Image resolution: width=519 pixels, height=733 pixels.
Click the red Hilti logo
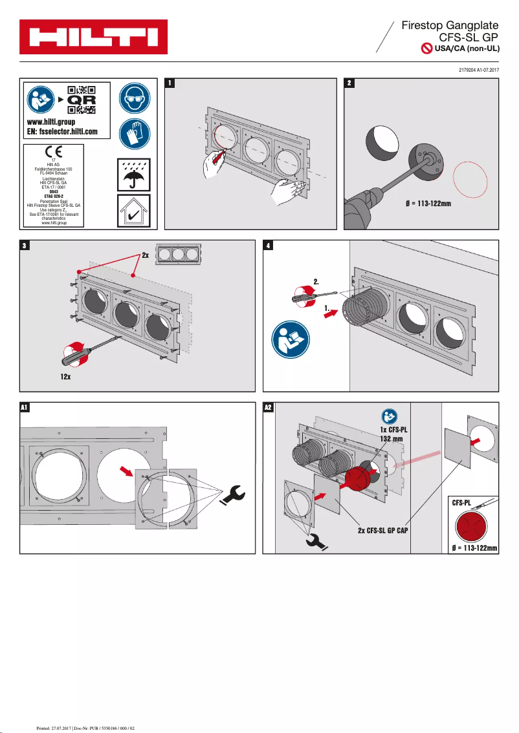click(x=93, y=37)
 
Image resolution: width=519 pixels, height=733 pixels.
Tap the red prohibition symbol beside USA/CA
click(x=426, y=48)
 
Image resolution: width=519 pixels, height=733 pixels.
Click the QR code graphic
click(x=82, y=100)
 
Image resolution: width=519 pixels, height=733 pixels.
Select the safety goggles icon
click(x=135, y=98)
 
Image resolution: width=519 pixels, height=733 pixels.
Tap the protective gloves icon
click(x=135, y=133)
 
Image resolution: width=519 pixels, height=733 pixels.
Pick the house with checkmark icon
click(x=134, y=211)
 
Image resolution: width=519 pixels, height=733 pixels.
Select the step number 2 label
click(x=349, y=83)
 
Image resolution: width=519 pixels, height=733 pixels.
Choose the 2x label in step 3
click(x=146, y=255)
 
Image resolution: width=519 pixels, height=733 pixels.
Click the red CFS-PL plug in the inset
click(x=474, y=524)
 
